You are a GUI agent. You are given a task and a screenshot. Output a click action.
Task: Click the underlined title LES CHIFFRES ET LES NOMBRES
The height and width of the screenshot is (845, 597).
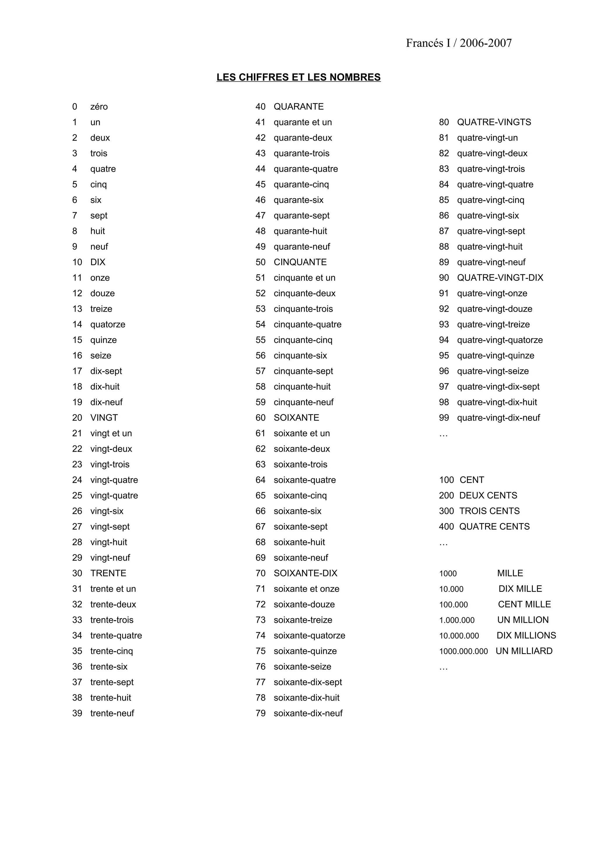298,77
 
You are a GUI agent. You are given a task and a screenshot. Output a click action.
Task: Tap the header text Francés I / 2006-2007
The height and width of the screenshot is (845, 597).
459,43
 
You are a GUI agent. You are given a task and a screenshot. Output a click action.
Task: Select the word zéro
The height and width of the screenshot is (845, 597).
99,107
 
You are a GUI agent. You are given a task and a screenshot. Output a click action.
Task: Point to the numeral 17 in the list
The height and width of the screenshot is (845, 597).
77,371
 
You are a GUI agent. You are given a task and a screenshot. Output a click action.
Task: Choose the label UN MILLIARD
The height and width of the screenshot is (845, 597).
524,651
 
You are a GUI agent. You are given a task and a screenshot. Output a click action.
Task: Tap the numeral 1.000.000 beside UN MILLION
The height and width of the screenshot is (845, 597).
456,620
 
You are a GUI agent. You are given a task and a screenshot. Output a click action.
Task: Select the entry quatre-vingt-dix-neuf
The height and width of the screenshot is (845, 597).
498,418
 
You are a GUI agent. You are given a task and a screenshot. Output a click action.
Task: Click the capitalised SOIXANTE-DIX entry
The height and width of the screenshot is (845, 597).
305,573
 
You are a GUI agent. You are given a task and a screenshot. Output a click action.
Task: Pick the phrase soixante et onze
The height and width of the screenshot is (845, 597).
306,589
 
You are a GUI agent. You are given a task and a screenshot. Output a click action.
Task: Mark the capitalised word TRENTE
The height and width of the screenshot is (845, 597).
108,573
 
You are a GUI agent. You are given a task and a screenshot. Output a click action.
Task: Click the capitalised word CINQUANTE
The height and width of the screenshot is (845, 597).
300,262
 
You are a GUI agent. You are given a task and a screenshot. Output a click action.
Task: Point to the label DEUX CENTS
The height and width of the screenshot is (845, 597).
488,495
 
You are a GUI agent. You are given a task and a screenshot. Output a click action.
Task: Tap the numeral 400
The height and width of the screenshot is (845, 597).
446,527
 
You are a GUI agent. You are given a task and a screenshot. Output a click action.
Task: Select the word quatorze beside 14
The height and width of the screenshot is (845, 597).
108,324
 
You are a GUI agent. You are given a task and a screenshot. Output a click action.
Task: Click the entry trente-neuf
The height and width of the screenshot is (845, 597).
112,713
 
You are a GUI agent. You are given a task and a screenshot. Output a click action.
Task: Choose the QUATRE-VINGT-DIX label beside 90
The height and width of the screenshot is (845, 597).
500,278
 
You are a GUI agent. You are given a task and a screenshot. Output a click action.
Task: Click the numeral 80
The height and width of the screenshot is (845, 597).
444,122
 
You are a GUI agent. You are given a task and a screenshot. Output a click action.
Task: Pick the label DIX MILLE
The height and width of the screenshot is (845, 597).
520,589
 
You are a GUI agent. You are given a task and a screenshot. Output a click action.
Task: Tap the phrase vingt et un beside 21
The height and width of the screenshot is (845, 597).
111,433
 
